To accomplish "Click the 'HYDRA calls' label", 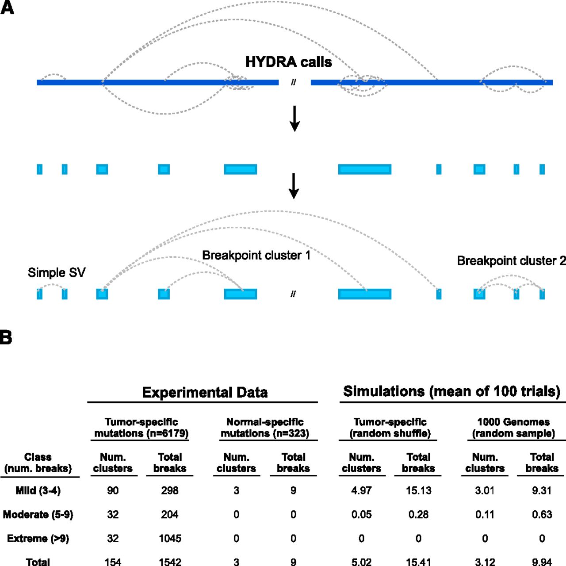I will tap(288, 62).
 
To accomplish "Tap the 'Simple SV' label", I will tap(57, 272).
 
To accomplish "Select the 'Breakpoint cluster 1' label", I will tap(256, 256).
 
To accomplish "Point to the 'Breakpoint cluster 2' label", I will tap(511, 261).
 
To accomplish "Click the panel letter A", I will tap(7, 8).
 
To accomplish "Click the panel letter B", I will tap(6, 337).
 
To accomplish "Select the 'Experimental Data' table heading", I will tap(205, 393).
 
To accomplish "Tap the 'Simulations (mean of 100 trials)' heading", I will tap(451, 391).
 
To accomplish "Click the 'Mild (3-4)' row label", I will tap(38, 490).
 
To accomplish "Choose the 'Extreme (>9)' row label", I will tap(38, 539).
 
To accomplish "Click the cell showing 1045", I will tap(170, 539).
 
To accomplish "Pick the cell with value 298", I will tap(170, 490).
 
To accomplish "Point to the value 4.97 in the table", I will tap(361, 490).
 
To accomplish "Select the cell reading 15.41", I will tap(418, 562).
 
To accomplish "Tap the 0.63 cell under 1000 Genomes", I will tap(542, 515).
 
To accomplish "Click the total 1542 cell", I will tap(170, 562).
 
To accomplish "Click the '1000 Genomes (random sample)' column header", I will tap(513, 428).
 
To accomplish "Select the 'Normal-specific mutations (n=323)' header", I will tap(265, 428).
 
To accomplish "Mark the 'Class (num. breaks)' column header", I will tap(38, 463).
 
